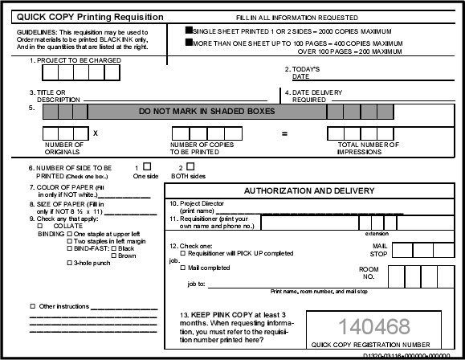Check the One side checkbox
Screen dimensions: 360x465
[147, 166]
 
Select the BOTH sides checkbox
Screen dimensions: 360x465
[179, 166]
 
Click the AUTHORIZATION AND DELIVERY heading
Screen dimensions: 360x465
[309, 191]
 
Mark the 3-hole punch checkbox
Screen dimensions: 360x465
[69, 263]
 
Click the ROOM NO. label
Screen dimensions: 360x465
[368, 273]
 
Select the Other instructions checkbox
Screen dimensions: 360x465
[32, 307]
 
